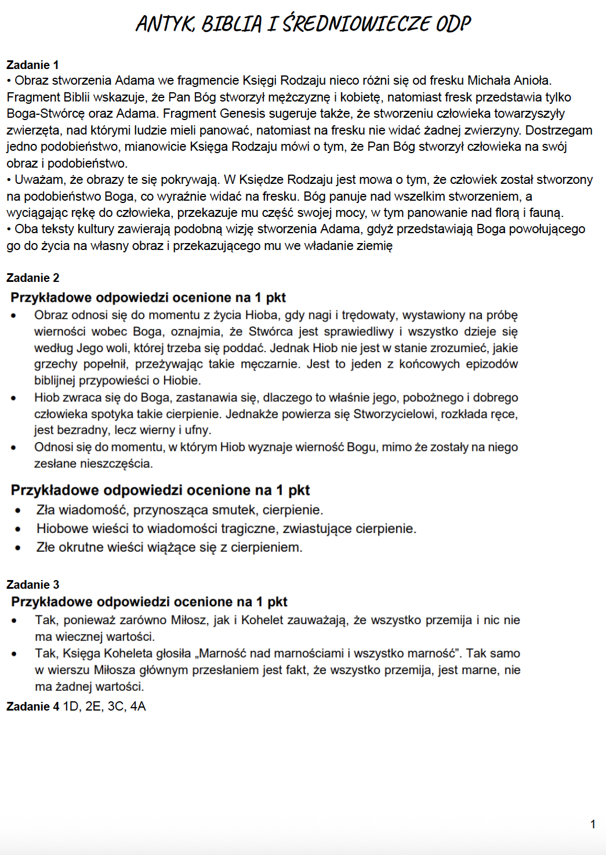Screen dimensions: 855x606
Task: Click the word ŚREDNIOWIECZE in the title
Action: point(356,24)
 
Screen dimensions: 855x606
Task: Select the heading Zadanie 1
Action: point(32,65)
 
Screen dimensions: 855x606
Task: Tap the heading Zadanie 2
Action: point(32,278)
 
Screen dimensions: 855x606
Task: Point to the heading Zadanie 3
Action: point(32,585)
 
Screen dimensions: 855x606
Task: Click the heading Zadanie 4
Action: point(32,707)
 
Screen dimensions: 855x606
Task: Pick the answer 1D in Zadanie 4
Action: point(71,707)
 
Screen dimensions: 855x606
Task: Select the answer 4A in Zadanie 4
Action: point(138,707)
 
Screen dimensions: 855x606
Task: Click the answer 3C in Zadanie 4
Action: point(116,707)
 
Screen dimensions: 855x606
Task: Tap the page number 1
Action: point(593,824)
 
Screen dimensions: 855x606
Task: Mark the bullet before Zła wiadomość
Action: point(18,511)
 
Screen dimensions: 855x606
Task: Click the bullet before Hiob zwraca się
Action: point(14,398)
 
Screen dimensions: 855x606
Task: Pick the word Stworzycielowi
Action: point(394,414)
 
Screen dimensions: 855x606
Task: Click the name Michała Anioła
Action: point(509,81)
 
